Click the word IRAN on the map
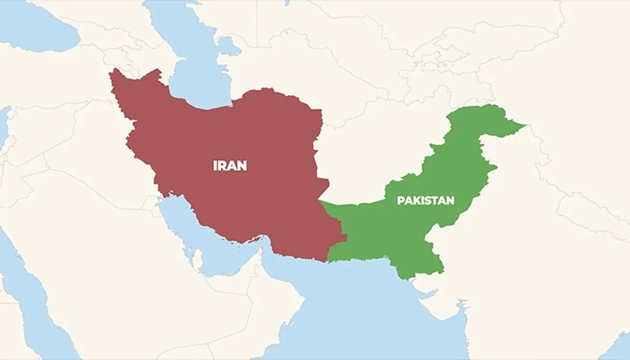coord(230,166)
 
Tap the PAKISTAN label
coord(425,200)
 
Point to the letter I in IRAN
coord(215,166)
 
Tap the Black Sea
coord(37,26)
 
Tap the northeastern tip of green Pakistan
coord(522,125)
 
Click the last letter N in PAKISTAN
coord(450,200)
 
